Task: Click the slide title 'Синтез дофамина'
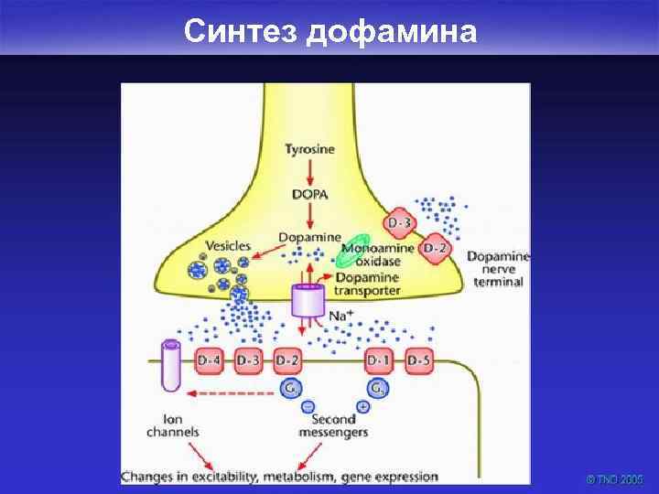329,31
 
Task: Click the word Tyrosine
309,149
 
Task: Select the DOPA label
309,194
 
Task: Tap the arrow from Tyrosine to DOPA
309,171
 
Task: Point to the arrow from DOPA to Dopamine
309,215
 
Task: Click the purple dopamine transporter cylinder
308,301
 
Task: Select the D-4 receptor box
209,360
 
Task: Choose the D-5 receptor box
418,360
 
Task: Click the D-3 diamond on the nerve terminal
401,222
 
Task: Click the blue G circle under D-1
380,387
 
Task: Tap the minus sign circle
308,406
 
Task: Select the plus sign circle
363,406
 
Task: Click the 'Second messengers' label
334,425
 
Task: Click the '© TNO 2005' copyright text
615,478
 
